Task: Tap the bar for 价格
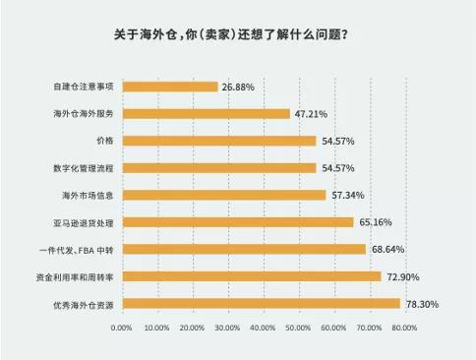coord(219,141)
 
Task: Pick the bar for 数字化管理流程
coord(219,167)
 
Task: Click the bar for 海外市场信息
coord(224,195)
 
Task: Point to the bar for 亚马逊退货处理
coord(238,222)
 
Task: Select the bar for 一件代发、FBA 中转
coord(244,249)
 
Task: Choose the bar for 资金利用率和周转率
coord(252,276)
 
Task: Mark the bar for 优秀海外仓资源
coord(262,304)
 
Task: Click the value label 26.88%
coord(238,87)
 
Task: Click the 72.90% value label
coord(402,276)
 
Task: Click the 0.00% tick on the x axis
coord(122,328)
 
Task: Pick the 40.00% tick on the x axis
coord(264,328)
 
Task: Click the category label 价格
coord(104,141)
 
